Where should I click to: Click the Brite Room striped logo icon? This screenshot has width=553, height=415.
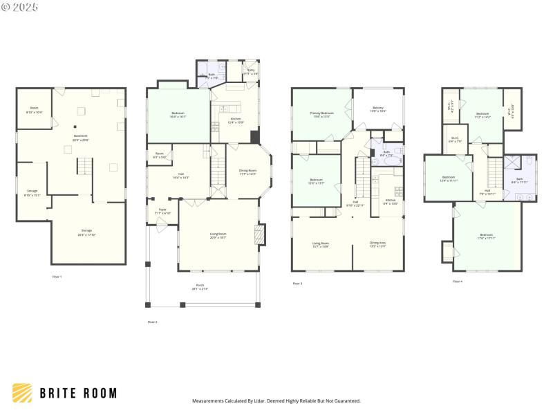[22, 393]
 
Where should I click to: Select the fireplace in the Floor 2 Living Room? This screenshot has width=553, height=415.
[260, 234]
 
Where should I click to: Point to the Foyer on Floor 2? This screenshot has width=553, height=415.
[162, 210]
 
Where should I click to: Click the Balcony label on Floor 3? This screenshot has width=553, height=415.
[378, 109]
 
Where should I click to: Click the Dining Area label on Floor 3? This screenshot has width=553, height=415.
[377, 244]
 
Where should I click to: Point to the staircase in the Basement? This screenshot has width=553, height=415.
[84, 166]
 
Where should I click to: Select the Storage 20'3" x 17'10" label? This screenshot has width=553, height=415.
[87, 232]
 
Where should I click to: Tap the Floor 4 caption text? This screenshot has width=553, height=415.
[458, 282]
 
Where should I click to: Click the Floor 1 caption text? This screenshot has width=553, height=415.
[57, 277]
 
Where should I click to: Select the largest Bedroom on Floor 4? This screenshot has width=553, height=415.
[486, 237]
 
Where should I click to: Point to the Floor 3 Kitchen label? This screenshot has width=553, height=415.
[391, 202]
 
